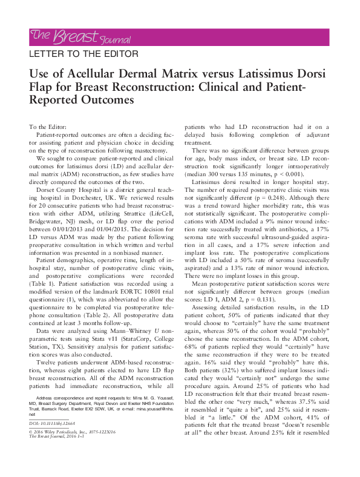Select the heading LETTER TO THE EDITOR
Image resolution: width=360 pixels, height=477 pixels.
point(84,54)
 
